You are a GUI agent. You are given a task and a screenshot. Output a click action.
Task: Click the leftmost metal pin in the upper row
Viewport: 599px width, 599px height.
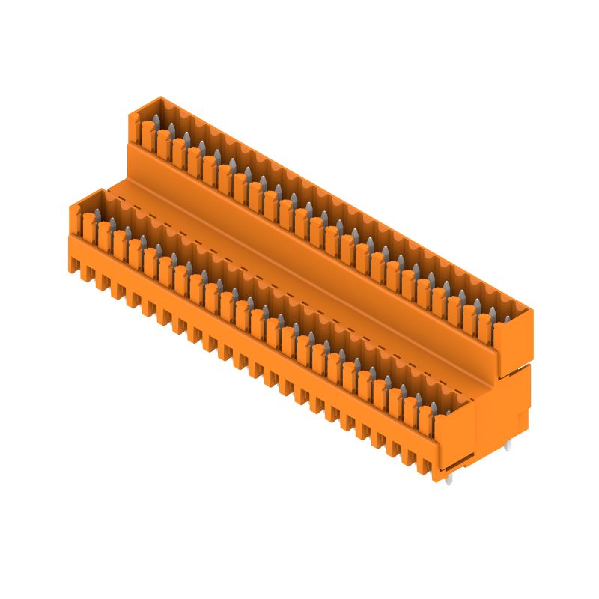pos(155,121)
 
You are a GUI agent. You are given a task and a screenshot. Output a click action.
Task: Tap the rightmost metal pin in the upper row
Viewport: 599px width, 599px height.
pos(496,310)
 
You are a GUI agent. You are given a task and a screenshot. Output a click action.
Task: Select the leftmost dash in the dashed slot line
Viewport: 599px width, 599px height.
pos(112,192)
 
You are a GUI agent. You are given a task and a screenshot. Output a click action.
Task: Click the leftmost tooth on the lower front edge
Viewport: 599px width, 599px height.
pos(76,264)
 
